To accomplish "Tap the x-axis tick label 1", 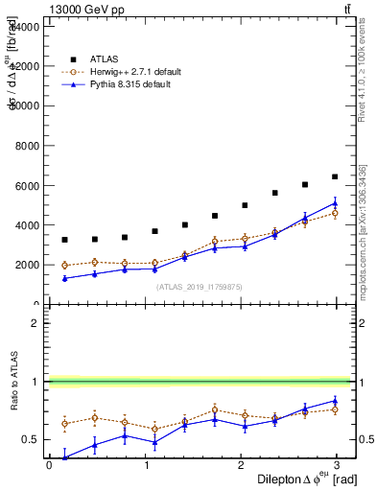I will coord(147,464).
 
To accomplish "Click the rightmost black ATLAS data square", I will coord(335,176).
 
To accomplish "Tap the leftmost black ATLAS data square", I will coord(64,240).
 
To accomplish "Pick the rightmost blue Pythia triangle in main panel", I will coord(335,202).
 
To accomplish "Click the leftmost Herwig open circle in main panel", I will coord(64,266).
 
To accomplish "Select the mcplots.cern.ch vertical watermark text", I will coord(365,240).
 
